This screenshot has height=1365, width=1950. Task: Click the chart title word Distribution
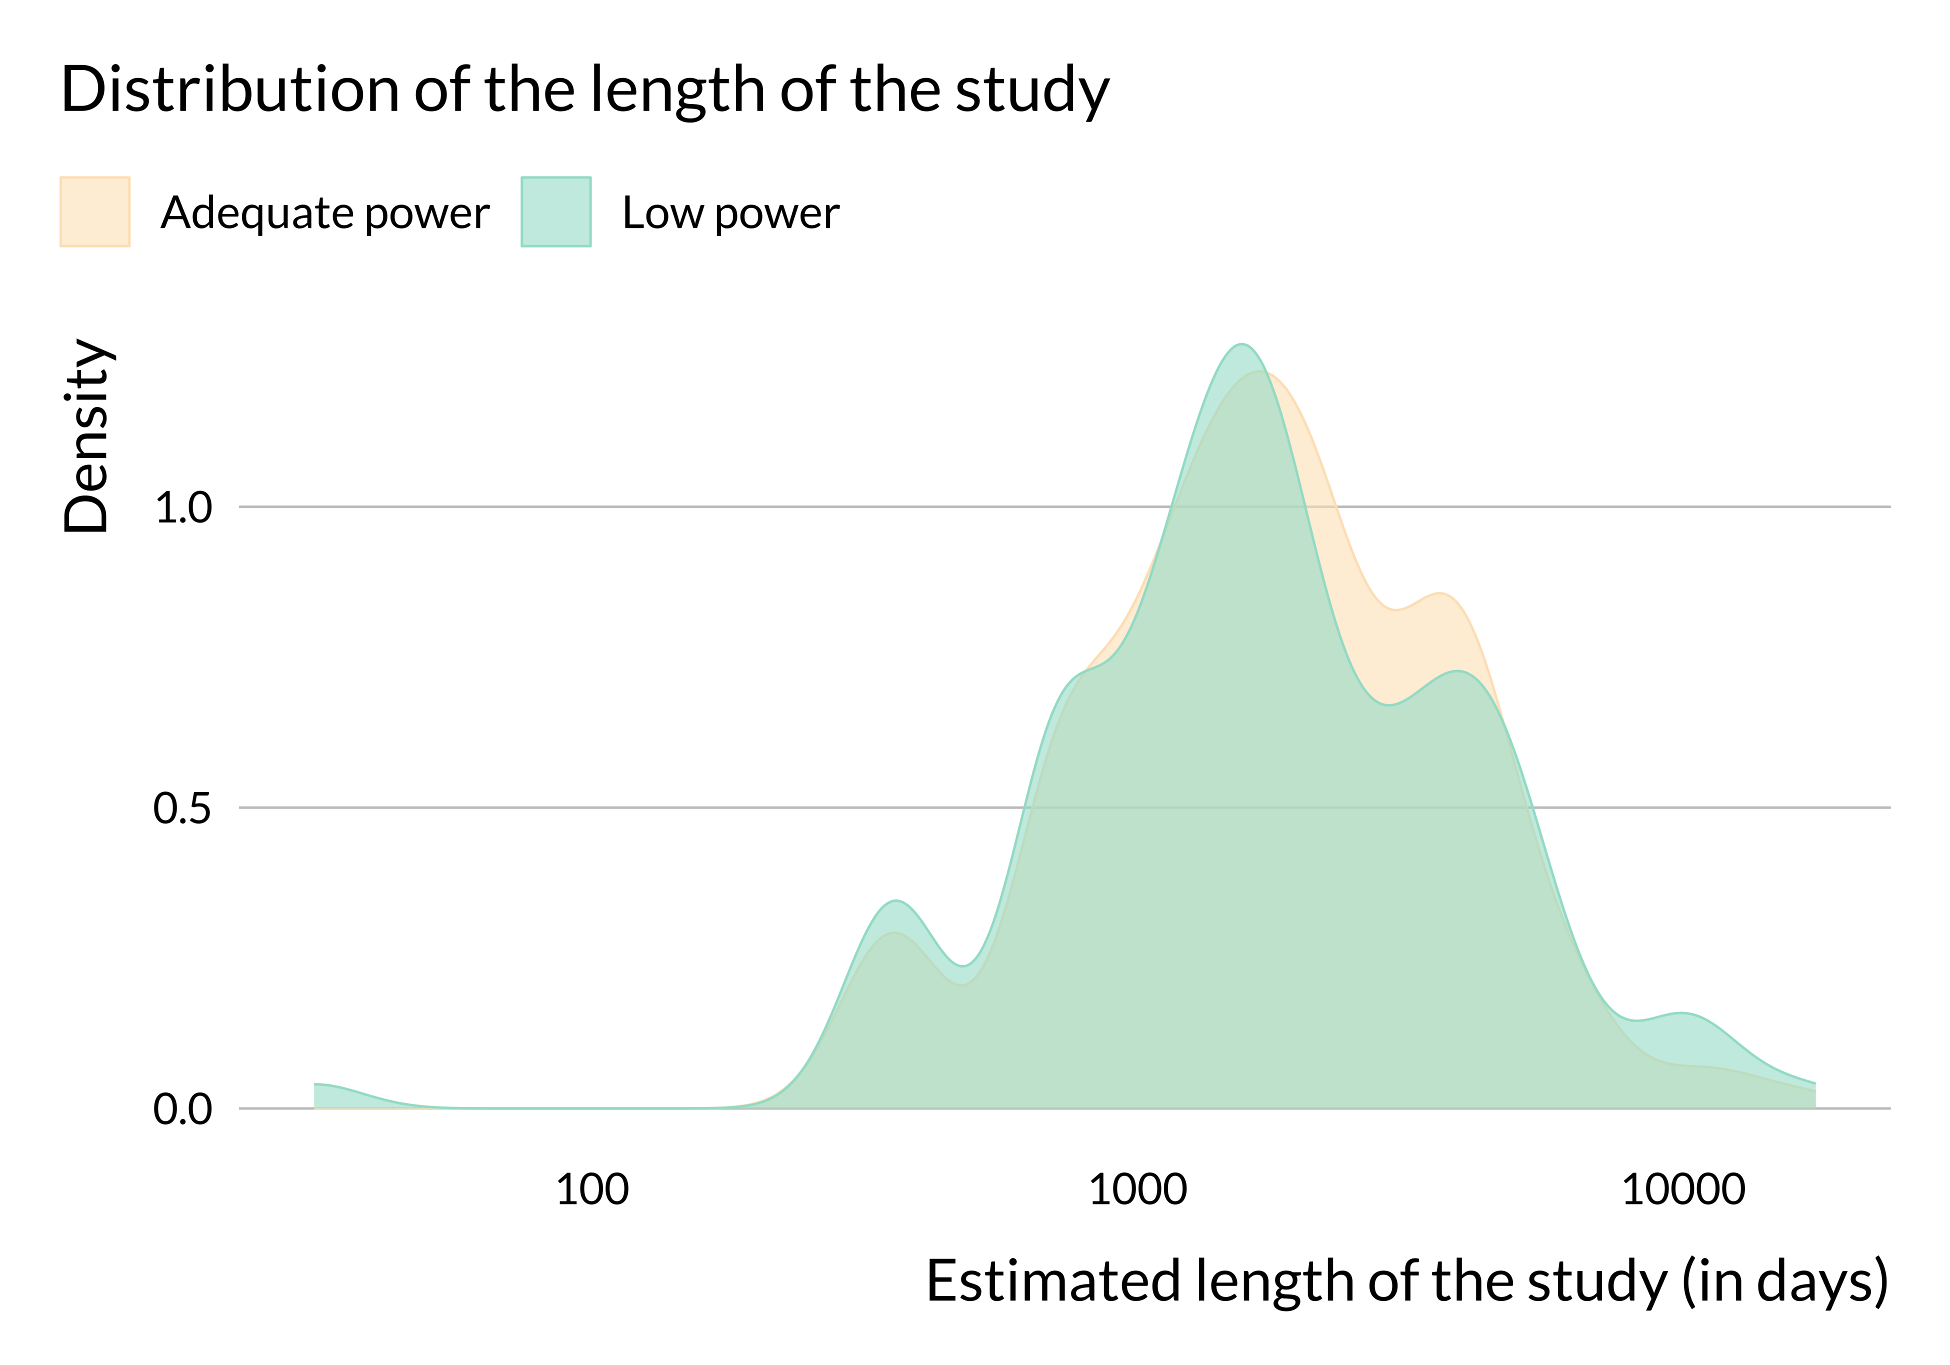point(230,90)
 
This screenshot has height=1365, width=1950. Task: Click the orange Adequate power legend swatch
point(95,211)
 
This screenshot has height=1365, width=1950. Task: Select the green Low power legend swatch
point(555,211)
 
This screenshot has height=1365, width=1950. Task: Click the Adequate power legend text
point(324,212)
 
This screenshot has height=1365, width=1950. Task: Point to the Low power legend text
point(730,212)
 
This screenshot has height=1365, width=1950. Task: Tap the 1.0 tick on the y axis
point(182,508)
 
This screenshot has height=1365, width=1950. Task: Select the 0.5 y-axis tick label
point(182,808)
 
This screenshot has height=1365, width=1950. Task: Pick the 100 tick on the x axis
point(592,1189)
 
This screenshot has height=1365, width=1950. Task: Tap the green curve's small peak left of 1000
point(896,900)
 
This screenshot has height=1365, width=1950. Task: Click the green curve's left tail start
point(316,1084)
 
